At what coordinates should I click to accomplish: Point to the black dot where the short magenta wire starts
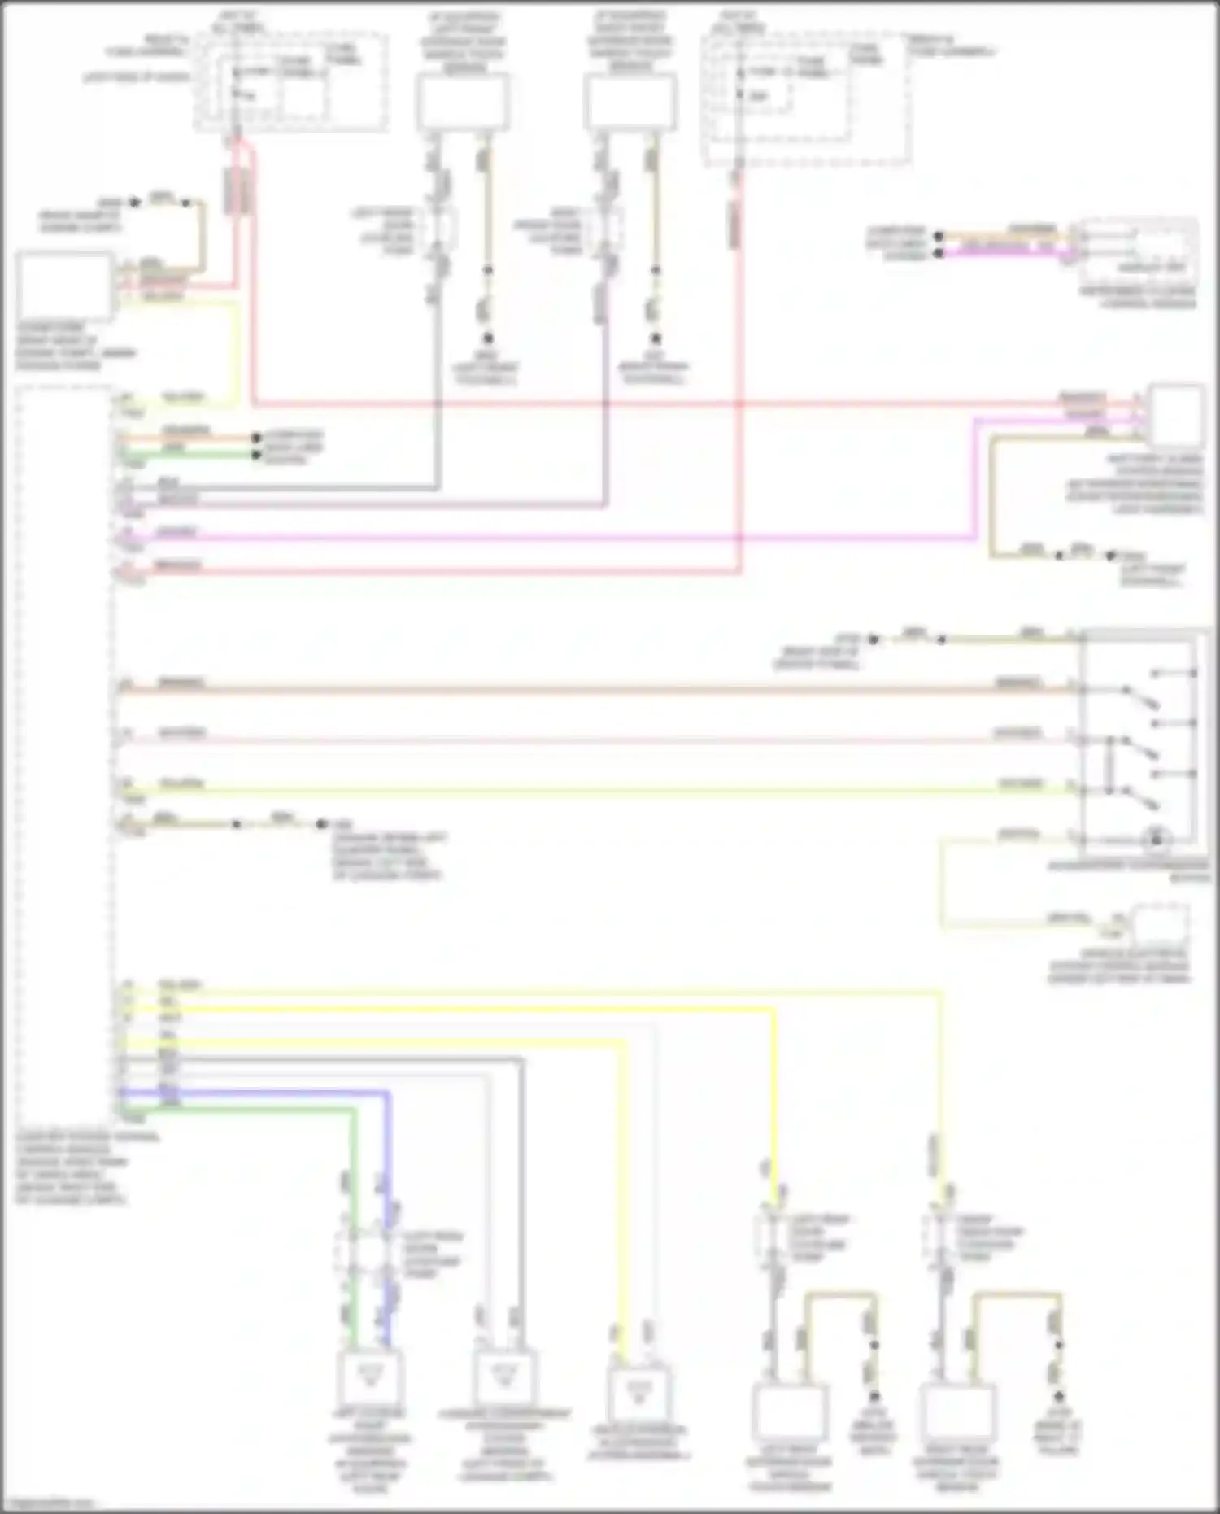click(x=939, y=253)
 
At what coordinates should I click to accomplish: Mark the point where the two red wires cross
click(x=739, y=404)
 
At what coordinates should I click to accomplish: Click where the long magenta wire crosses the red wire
click(x=739, y=537)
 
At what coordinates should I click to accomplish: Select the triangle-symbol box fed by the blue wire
click(x=368, y=1377)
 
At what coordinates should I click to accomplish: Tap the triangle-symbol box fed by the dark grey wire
click(x=504, y=1377)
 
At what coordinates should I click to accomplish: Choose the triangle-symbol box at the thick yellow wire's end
click(x=639, y=1395)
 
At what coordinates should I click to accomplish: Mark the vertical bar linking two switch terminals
click(x=1107, y=766)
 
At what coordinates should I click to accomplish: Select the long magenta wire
click(x=569, y=538)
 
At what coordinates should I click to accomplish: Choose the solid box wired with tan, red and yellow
click(x=66, y=286)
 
